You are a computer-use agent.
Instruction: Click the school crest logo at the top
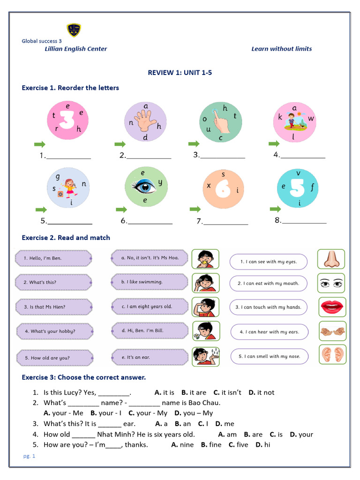(x=74, y=30)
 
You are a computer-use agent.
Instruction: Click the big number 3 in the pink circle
(x=67, y=121)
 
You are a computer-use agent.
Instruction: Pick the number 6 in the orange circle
(x=224, y=189)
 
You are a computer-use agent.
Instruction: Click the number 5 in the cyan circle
(x=298, y=188)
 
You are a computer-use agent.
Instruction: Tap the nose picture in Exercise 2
(x=330, y=259)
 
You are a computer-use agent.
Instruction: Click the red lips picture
(x=332, y=307)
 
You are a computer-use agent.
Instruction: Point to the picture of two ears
(x=332, y=355)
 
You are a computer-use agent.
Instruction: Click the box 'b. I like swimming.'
(x=150, y=282)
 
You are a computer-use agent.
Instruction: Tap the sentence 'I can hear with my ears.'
(x=269, y=332)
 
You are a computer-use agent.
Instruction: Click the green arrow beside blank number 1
(x=40, y=144)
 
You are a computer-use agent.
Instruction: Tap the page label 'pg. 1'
(x=29, y=456)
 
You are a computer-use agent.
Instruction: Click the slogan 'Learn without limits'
(x=281, y=49)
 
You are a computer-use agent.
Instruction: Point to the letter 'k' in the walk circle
(x=280, y=117)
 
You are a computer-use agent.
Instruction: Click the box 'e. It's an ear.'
(x=150, y=357)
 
